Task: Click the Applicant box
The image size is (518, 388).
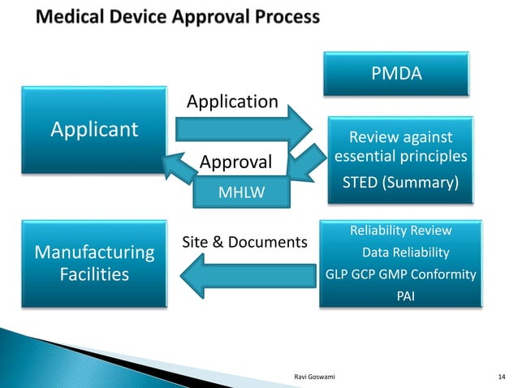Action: [94, 129]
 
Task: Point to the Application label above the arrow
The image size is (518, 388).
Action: [232, 101]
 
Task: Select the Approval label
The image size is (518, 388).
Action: [235, 162]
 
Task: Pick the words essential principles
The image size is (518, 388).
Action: [400, 155]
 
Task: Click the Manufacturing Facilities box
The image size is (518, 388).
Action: [94, 263]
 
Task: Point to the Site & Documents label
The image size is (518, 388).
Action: [244, 243]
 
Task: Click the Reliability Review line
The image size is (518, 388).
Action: [400, 231]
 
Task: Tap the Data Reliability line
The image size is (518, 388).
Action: [405, 252]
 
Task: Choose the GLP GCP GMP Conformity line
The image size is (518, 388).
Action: [400, 274]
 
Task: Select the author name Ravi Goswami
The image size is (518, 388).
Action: [313, 376]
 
